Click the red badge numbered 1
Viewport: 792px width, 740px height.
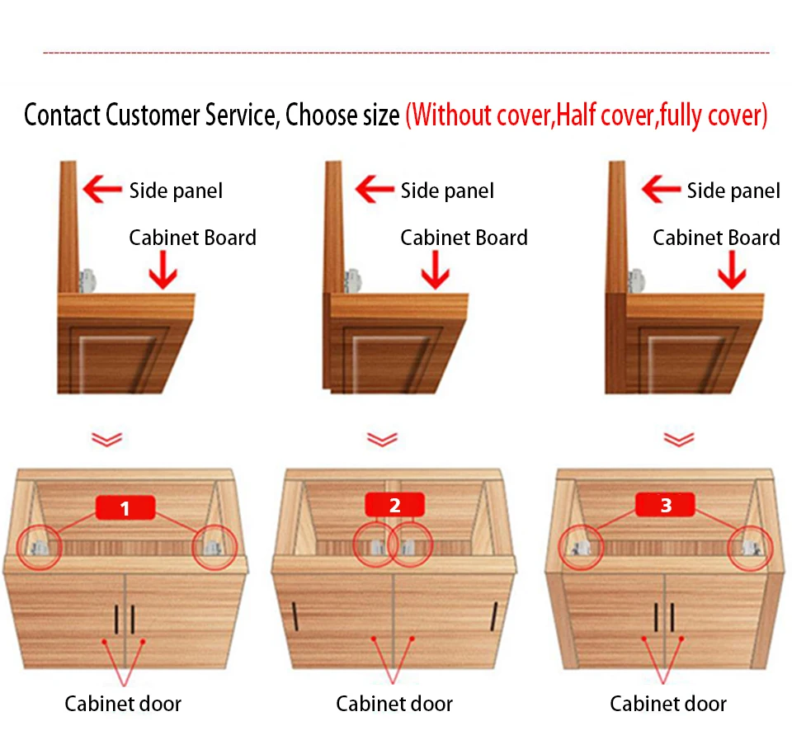[125, 507]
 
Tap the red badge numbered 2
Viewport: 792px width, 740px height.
[394, 505]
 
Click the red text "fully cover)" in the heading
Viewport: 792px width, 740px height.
[714, 115]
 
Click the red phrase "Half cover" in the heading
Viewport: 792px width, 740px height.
[606, 115]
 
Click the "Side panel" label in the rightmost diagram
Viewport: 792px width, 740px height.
[733, 191]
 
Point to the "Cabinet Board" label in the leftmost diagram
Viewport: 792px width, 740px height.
[192, 238]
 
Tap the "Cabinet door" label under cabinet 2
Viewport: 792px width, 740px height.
[394, 704]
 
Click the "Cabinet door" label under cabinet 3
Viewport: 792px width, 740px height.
[668, 704]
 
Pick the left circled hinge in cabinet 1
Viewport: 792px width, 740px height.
[38, 545]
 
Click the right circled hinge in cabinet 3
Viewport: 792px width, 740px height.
[752, 544]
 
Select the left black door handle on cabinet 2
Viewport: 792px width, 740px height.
[295, 615]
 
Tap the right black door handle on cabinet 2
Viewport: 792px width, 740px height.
[494, 615]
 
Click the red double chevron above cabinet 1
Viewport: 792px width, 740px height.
[107, 439]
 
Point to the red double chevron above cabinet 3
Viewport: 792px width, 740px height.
[678, 439]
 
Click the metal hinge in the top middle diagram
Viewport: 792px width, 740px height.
[353, 280]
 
